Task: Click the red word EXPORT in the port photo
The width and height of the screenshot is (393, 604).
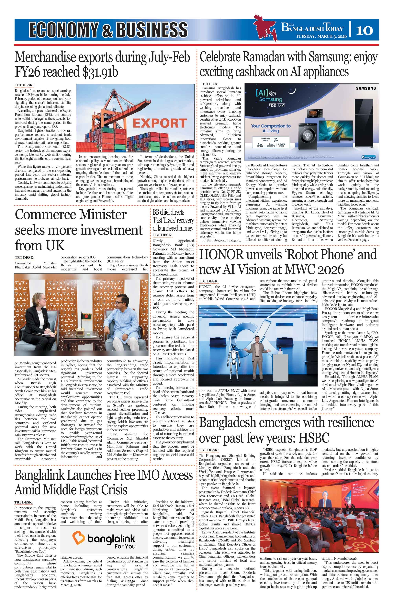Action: (x=160, y=123)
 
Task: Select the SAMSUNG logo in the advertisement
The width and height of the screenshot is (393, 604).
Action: (x=366, y=88)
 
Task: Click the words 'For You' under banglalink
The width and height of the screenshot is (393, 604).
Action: (x=125, y=546)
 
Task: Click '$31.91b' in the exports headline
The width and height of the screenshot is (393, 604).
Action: (x=100, y=72)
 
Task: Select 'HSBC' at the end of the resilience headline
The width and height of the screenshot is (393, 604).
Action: (x=314, y=438)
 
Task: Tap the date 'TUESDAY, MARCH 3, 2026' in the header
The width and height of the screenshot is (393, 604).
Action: (x=321, y=36)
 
